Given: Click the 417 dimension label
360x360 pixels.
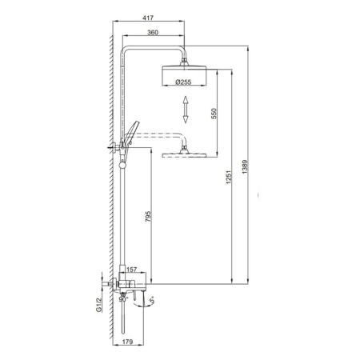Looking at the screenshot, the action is (148, 18).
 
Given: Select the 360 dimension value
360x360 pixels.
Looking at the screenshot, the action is (153, 33).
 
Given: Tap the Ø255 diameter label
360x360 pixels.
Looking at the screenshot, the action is (183, 82).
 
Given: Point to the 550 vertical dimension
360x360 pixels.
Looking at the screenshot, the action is (214, 114).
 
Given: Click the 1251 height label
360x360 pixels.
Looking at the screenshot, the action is (229, 177).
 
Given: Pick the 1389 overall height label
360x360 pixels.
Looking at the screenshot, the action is (245, 167).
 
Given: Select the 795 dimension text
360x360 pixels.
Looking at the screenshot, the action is (148, 216).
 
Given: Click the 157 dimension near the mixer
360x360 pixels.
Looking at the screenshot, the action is (131, 270).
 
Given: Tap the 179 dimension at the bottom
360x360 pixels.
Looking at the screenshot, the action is (127, 342).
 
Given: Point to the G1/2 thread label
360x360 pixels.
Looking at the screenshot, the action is (98, 305).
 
